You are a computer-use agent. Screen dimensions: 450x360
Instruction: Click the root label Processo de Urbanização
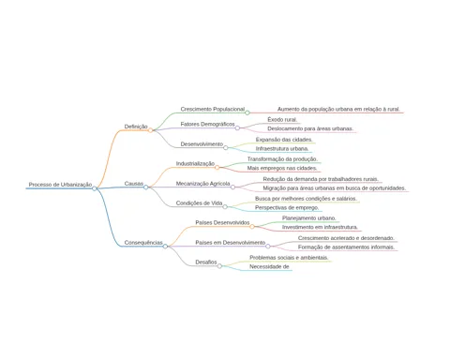60,185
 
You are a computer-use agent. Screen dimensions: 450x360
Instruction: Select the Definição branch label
136,127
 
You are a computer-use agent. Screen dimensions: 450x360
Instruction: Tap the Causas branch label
134,184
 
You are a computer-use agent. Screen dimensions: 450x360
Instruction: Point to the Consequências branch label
143,243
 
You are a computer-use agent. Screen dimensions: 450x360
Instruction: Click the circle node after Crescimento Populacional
247,112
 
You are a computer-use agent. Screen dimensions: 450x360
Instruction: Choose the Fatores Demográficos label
207,124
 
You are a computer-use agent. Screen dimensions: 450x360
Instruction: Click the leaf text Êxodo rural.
282,119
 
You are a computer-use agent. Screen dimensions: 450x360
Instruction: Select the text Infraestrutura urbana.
282,148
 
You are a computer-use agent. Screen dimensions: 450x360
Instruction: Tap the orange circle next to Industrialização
217,168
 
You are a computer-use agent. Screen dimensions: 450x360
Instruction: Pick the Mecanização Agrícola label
202,184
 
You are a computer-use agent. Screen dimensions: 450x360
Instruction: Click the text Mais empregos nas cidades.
282,168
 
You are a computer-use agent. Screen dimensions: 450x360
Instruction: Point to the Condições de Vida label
199,203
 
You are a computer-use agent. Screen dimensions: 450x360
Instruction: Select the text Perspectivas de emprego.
287,207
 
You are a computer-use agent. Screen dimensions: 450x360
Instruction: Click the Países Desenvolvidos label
222,222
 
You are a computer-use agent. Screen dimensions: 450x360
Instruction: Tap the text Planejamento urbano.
309,217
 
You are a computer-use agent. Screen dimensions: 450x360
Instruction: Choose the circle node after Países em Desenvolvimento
268,247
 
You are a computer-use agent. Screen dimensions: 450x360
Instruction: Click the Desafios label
206,262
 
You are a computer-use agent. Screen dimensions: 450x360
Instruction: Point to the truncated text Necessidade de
269,266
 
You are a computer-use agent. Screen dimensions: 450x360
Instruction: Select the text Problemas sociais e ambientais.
289,258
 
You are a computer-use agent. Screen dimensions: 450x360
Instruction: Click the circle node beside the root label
95,188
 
